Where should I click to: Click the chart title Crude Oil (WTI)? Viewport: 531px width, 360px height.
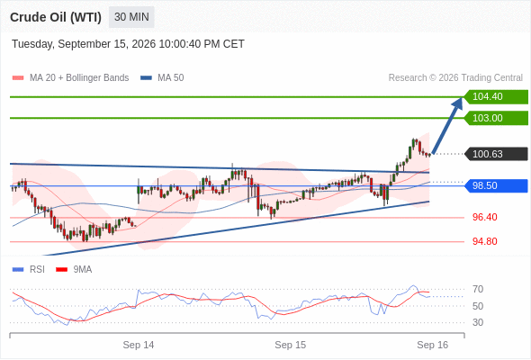point(56,17)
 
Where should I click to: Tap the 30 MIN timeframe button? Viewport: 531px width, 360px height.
point(131,17)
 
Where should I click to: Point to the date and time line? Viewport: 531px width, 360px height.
point(128,44)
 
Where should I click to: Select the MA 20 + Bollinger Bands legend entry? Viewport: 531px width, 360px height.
point(70,78)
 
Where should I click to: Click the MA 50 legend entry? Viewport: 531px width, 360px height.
point(162,78)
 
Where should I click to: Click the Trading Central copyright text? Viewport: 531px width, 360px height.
point(455,78)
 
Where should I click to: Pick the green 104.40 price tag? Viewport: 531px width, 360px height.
point(496,97)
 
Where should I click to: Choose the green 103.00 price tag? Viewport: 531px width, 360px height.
point(496,118)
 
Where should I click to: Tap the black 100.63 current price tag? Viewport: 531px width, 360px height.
point(496,154)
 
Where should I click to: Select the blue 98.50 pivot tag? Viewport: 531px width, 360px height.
point(496,185)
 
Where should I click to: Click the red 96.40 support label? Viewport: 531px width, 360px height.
point(484,217)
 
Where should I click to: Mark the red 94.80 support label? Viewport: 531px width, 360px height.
point(484,241)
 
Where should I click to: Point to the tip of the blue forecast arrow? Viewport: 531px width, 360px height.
point(462,97)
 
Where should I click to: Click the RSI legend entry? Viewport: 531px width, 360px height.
point(29,270)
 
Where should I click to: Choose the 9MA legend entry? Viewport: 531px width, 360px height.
point(74,270)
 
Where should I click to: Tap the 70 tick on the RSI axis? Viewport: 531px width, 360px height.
point(478,289)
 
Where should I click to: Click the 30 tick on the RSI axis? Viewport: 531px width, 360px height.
point(478,322)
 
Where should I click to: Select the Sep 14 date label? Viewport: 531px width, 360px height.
point(139,345)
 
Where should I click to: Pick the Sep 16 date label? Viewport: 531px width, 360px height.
point(433,345)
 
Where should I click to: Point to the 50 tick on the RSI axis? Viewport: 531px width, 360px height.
point(478,306)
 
